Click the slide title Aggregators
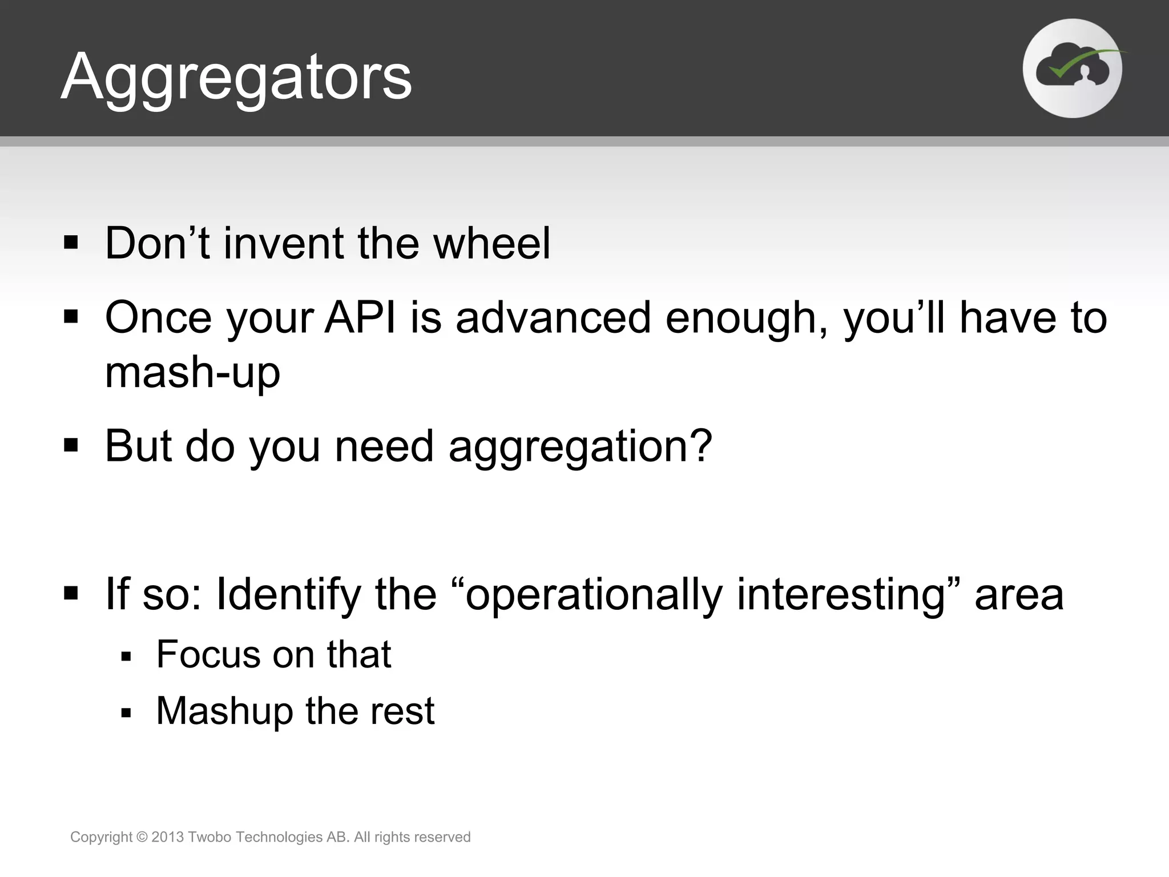236,77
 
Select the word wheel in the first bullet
491,244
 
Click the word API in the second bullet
360,318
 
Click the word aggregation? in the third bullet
580,447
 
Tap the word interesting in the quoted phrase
840,595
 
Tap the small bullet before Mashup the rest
126,713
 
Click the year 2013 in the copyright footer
167,837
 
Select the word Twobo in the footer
209,837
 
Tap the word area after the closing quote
1019,595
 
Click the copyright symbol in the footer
142,837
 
